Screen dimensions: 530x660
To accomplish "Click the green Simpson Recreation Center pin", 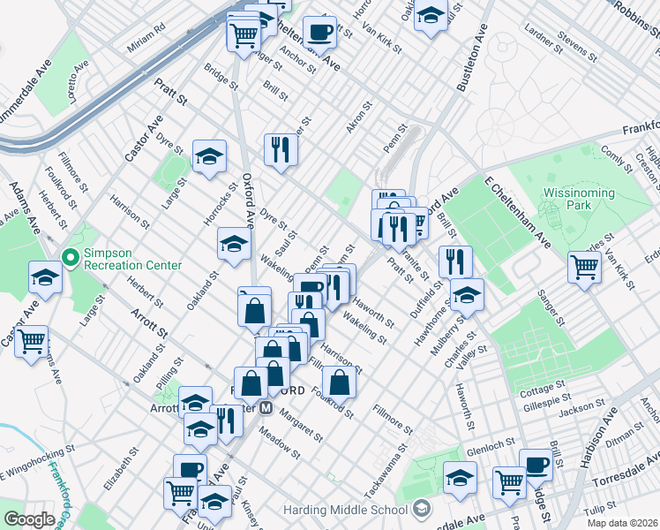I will pyautogui.click(x=71, y=258).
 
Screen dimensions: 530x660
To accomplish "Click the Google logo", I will pyautogui.click(x=28, y=519).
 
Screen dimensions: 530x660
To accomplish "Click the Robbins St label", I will pyautogui.click(x=638, y=11).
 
